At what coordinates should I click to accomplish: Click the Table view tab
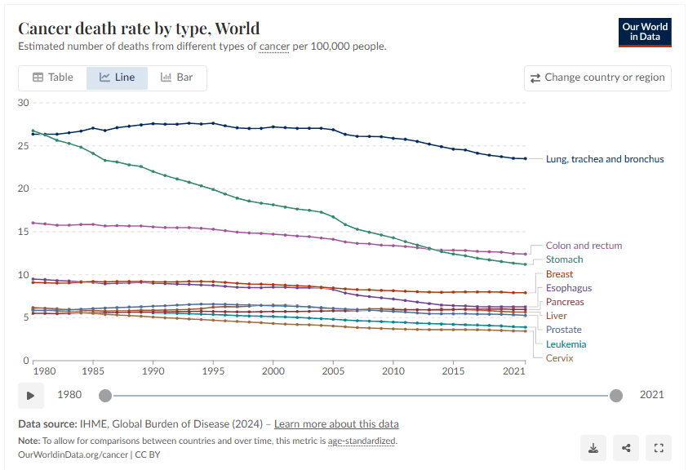tap(53, 78)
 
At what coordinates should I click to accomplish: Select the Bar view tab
tap(177, 78)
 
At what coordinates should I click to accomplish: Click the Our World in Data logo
tap(645, 32)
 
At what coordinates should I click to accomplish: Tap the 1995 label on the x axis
tap(213, 371)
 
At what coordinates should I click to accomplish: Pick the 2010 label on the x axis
tap(393, 371)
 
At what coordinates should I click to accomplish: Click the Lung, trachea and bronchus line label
tap(605, 159)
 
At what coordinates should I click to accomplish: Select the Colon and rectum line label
tap(584, 246)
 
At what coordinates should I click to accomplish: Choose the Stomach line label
tap(565, 259)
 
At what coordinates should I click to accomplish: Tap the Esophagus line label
tap(569, 288)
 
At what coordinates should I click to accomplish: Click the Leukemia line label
tap(566, 344)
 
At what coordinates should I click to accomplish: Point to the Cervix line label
tap(560, 358)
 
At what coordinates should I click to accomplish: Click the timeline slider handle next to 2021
tap(616, 396)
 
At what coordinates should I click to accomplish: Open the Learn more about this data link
tap(336, 424)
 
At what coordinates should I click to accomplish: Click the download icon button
tap(593, 447)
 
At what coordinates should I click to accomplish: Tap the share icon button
tap(626, 447)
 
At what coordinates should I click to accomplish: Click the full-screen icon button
tap(658, 447)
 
